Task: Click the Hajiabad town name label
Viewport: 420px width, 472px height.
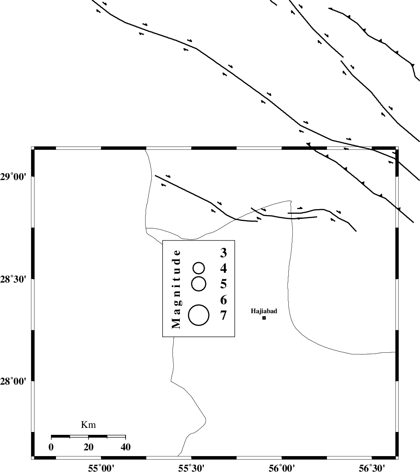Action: pyautogui.click(x=264, y=311)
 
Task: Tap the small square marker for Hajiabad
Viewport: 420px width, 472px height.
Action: pyautogui.click(x=264, y=318)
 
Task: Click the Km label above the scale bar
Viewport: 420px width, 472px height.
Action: pyautogui.click(x=88, y=425)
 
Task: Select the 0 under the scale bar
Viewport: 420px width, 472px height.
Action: pyautogui.click(x=51, y=447)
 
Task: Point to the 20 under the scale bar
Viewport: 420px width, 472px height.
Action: pyautogui.click(x=88, y=447)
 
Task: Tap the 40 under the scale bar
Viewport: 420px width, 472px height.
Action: pyautogui.click(x=126, y=447)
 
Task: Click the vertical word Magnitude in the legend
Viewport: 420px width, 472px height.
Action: pyautogui.click(x=176, y=288)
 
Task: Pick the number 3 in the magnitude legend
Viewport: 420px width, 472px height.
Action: pyautogui.click(x=223, y=253)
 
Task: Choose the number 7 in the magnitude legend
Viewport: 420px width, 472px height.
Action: pyautogui.click(x=223, y=316)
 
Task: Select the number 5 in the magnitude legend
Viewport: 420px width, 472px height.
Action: pyautogui.click(x=223, y=284)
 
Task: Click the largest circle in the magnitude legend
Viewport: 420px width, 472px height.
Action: pyautogui.click(x=199, y=315)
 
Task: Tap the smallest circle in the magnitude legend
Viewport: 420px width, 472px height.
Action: pyautogui.click(x=199, y=268)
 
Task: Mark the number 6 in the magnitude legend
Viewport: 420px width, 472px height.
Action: pyautogui.click(x=223, y=301)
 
